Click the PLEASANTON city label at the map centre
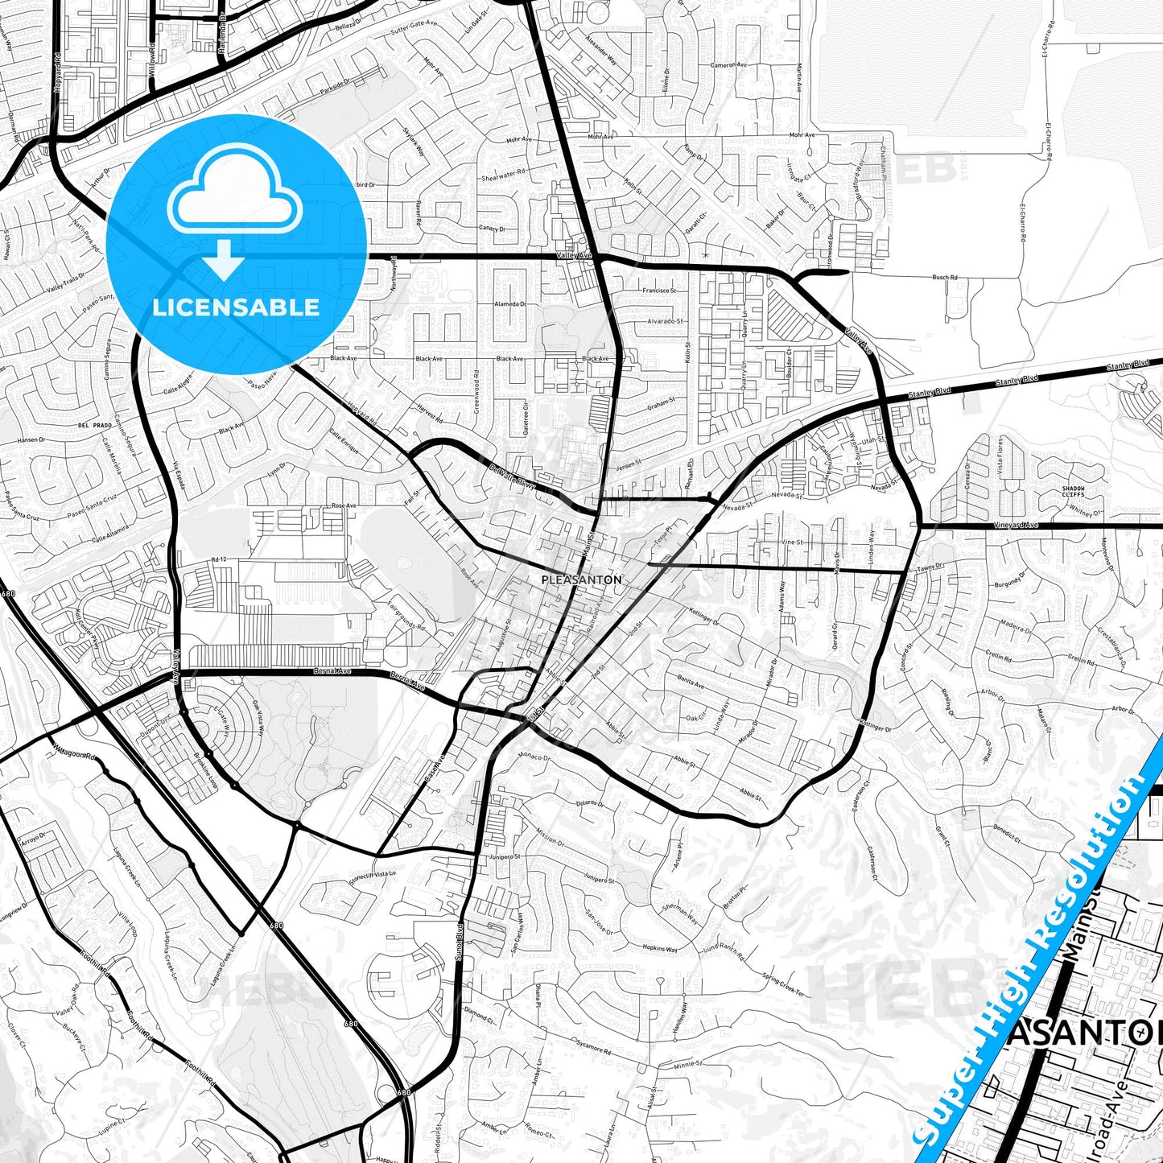click(x=581, y=579)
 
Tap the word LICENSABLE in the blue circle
click(x=236, y=307)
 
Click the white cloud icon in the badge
click(x=234, y=199)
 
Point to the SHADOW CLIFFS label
click(x=1073, y=491)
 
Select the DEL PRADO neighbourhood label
click(x=95, y=424)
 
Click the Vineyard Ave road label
click(x=1016, y=525)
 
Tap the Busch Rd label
click(x=945, y=277)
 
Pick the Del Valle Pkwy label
click(x=512, y=476)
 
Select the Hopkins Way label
click(x=659, y=949)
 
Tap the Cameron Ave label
click(x=728, y=64)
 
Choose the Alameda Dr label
click(x=510, y=304)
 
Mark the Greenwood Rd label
click(x=476, y=390)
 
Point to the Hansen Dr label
click(x=32, y=440)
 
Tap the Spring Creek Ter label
click(x=783, y=984)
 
